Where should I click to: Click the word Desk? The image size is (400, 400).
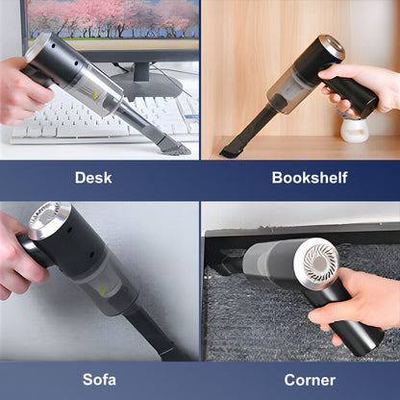pyautogui.click(x=93, y=177)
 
